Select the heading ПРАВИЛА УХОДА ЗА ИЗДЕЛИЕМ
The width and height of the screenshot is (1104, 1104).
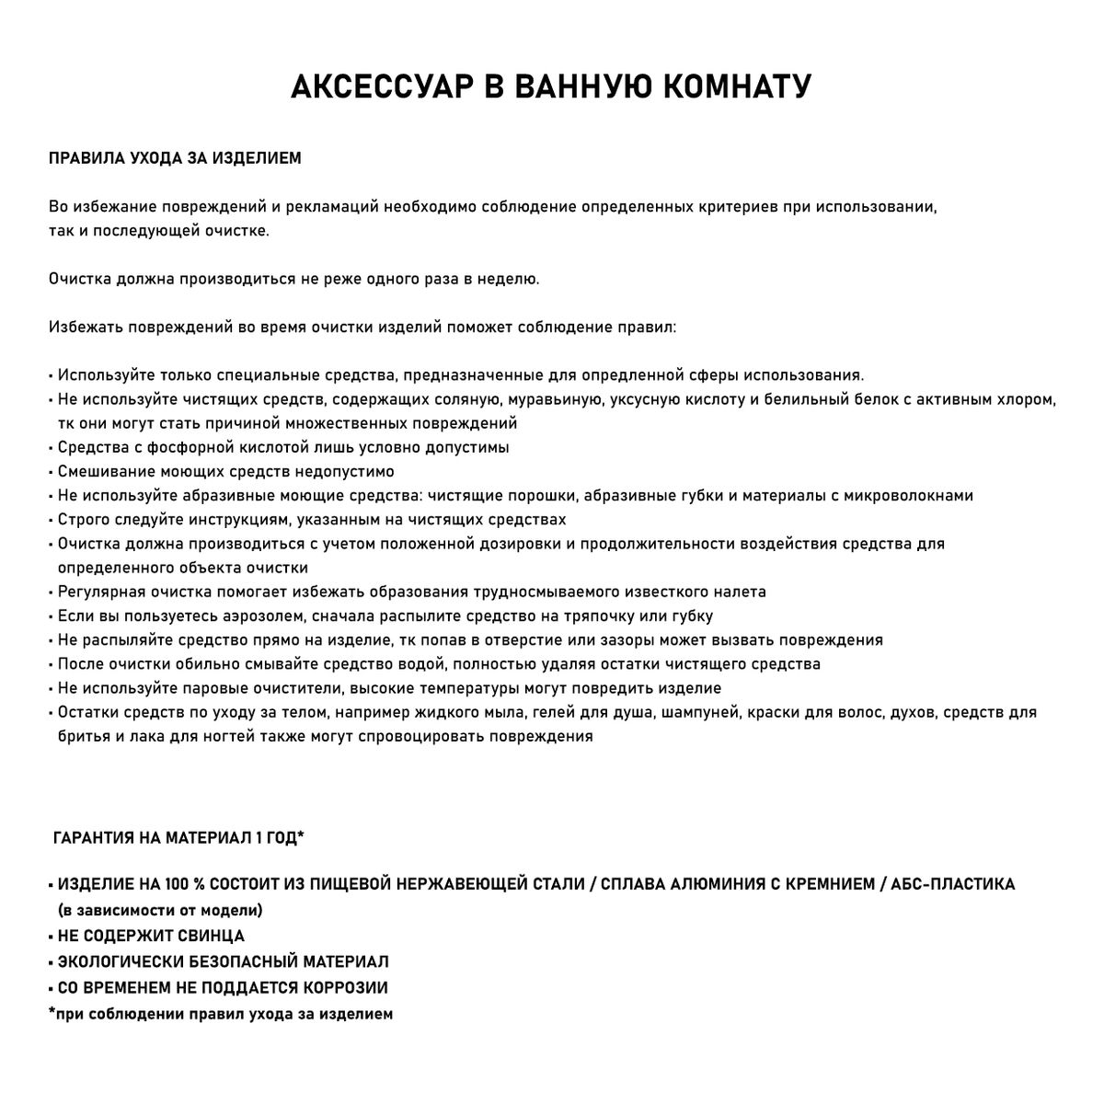[175, 158]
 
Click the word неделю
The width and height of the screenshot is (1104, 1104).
[508, 278]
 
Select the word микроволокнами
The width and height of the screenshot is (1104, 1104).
[911, 495]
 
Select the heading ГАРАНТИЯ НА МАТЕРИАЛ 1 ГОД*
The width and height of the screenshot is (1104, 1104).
[178, 838]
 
